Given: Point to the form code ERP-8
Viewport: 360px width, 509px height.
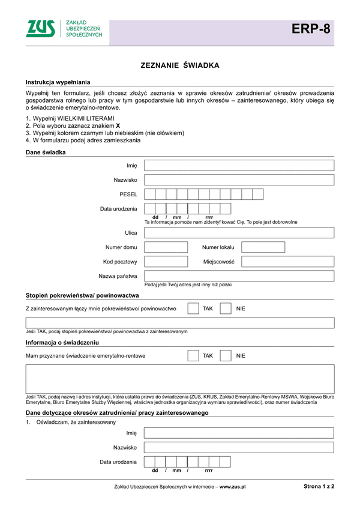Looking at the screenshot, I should click(311, 29).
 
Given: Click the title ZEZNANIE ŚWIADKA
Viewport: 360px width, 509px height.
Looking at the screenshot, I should click(180, 65).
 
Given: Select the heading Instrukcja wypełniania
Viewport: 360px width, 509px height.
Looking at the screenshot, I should click(58, 82).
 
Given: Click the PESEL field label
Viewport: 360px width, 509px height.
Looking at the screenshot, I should click(128, 194).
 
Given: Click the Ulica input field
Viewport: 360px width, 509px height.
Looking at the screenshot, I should click(239, 233).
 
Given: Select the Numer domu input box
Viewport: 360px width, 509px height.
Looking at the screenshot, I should click(166, 247).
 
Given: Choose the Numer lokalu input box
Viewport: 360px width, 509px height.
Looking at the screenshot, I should click(263, 247).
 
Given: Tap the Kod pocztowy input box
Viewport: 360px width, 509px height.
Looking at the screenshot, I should click(166, 262).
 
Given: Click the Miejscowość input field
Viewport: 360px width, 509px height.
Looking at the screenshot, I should click(287, 262).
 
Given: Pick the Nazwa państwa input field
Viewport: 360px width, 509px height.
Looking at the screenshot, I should click(239, 276).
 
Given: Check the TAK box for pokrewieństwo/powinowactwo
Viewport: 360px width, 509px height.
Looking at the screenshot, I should click(193, 309).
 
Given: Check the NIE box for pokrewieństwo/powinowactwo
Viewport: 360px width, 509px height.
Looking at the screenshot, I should click(226, 309).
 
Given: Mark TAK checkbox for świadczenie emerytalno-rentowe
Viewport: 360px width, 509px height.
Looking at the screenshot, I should click(193, 356).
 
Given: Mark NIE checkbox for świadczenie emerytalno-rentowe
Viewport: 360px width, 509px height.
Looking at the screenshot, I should click(226, 356).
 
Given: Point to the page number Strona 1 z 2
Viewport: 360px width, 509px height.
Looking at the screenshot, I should click(319, 487).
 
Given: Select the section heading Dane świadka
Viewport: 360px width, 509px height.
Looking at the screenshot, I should click(46, 152).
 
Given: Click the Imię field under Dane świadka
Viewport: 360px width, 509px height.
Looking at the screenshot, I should click(239, 166).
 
